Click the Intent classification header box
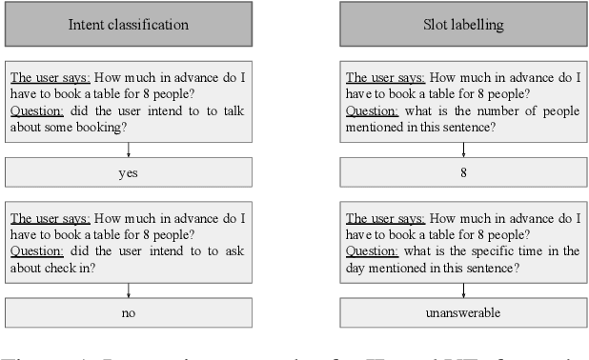tap(128, 25)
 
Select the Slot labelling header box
tap(462, 25)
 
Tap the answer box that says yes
tap(128, 172)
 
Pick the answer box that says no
tap(128, 312)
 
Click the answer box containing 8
tap(462, 172)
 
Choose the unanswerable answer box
tap(462, 312)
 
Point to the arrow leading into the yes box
tap(128, 150)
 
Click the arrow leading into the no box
tap(128, 290)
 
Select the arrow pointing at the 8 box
tap(462, 150)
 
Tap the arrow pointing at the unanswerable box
tap(462, 290)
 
